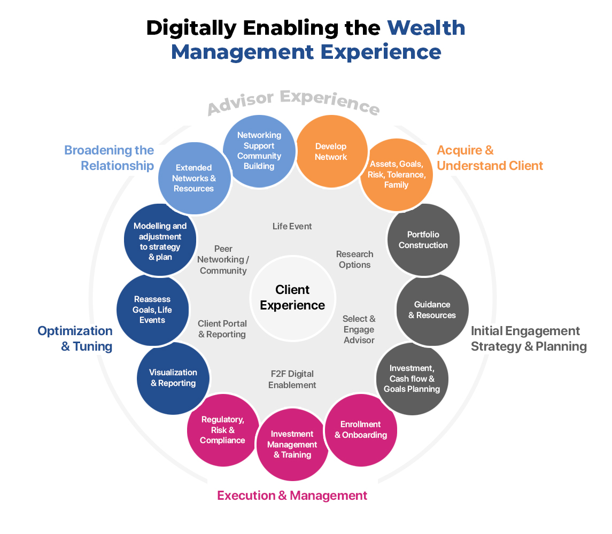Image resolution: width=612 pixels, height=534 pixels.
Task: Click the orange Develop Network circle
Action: coord(331,151)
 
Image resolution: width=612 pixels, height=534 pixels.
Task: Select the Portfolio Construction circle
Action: coord(423,239)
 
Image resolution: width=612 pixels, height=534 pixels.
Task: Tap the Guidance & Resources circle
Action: coord(432,310)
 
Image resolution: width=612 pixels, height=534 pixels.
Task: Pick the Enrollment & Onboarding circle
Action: coord(361,430)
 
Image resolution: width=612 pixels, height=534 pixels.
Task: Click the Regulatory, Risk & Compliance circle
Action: coord(223,430)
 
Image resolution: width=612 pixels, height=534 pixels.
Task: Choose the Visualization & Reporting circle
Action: coord(173,378)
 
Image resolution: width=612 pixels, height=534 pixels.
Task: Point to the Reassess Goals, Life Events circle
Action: coord(153,310)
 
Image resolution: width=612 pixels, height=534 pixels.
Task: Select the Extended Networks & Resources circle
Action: coord(195,179)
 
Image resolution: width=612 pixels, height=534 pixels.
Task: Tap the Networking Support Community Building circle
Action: coord(259,151)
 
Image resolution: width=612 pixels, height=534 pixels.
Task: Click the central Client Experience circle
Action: coord(293,298)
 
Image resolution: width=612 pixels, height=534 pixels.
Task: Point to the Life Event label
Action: coord(292,227)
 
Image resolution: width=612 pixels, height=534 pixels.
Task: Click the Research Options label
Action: coord(355,260)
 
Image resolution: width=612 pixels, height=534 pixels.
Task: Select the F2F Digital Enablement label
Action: coord(292,380)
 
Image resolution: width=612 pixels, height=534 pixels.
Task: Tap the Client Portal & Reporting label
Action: coord(222,329)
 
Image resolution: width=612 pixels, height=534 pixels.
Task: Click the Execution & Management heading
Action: coord(292,496)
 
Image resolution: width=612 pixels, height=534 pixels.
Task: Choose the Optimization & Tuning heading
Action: coord(75,338)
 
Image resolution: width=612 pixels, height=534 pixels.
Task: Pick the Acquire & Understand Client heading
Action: coord(490,158)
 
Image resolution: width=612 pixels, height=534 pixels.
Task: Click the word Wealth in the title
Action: coord(426,28)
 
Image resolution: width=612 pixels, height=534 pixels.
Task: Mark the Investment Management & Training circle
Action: coord(292,445)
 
